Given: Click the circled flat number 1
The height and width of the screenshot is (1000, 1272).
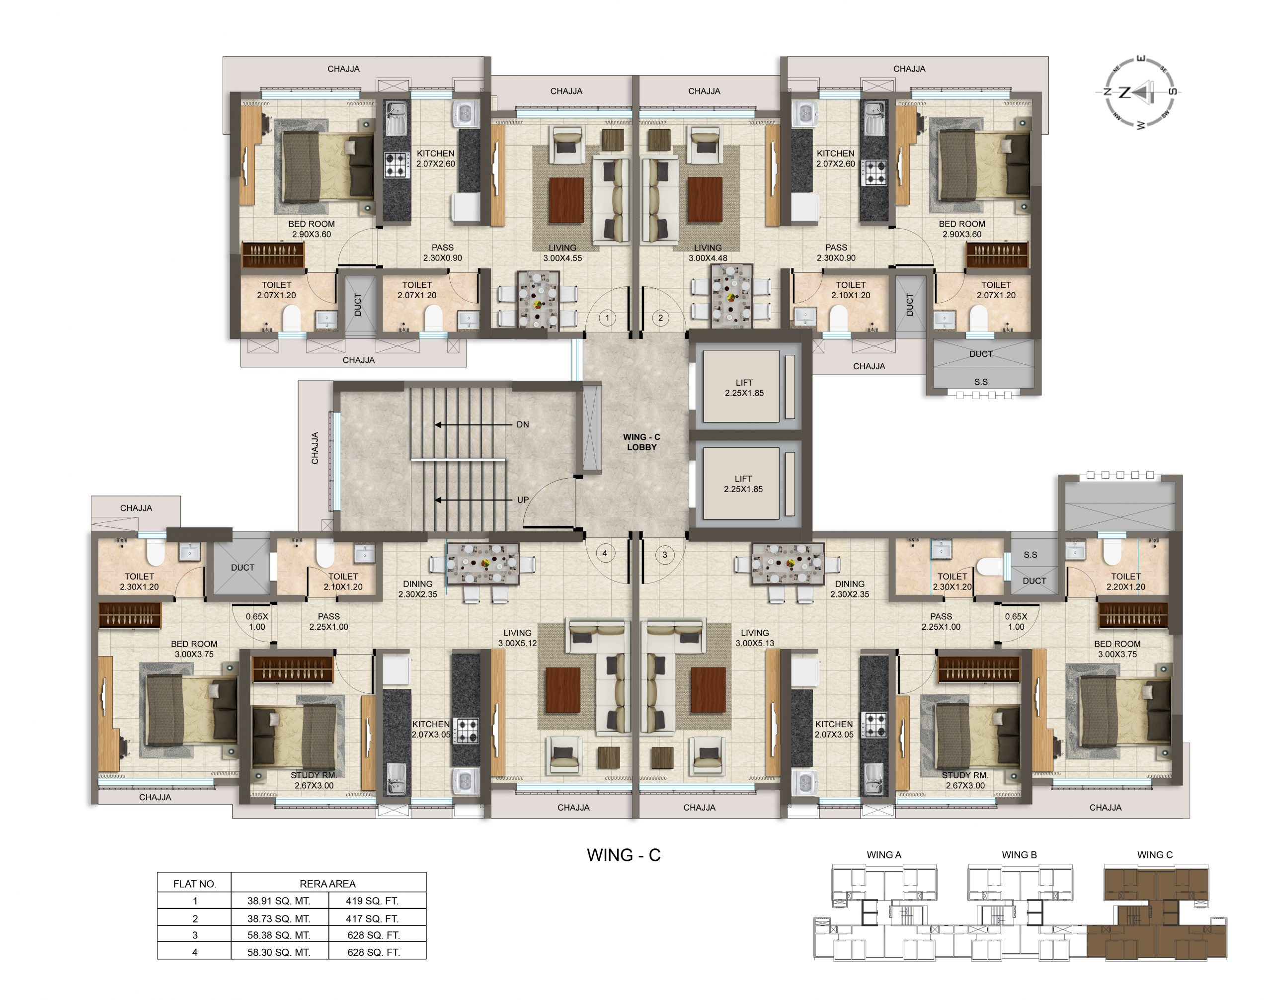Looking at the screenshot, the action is tap(607, 318).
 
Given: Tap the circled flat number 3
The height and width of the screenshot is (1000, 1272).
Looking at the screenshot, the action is tap(664, 555).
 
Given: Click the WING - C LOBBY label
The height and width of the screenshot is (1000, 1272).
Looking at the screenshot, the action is tap(641, 442).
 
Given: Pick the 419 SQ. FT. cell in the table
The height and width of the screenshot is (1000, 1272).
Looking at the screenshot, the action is tap(372, 901).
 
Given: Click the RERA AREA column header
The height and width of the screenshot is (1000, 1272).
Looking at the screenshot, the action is tap(328, 884).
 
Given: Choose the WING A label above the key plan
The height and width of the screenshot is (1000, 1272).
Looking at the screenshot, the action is tap(884, 855).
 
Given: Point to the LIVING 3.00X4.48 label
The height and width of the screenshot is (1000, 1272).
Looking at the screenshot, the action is tap(708, 253).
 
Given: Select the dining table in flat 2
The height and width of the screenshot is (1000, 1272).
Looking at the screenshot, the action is tap(730, 296).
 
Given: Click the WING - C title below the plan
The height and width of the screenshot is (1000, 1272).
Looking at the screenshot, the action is tap(624, 855).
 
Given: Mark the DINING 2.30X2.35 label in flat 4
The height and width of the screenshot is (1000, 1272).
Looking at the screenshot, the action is tap(418, 589).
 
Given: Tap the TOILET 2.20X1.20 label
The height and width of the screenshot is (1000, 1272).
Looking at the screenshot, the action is tap(1125, 582).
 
